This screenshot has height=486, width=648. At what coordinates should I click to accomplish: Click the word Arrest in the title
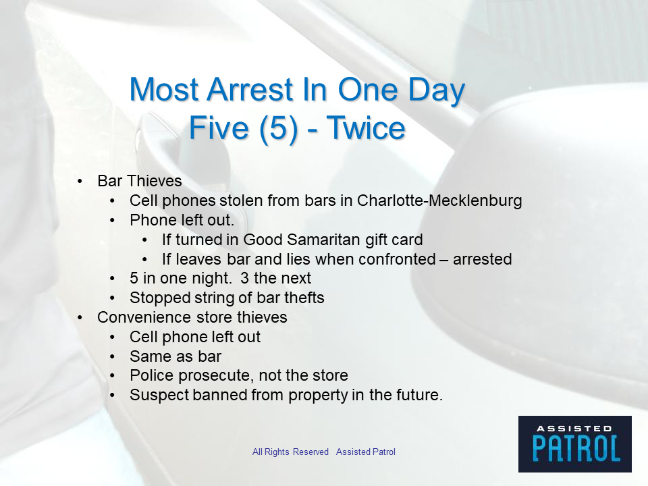click(x=250, y=90)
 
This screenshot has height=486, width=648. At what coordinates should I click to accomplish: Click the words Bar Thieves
click(x=140, y=181)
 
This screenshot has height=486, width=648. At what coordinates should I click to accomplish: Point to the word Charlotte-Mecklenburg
click(x=439, y=200)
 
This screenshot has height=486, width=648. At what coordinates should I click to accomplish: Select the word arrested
click(x=482, y=259)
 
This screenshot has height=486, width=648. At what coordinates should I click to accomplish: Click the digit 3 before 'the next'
click(x=244, y=278)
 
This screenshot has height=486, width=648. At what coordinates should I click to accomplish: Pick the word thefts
click(x=305, y=298)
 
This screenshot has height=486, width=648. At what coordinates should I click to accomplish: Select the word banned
click(x=219, y=395)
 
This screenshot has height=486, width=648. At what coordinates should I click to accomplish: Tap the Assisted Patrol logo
click(x=575, y=444)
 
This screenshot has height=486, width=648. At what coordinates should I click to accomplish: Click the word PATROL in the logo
click(x=576, y=448)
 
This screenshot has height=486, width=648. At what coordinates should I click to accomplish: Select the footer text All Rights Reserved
click(x=290, y=452)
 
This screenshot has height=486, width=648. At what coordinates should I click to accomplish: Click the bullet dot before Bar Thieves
click(x=80, y=182)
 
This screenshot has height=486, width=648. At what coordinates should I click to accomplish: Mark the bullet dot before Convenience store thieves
click(x=80, y=318)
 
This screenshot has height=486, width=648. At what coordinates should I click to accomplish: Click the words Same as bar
click(x=175, y=356)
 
